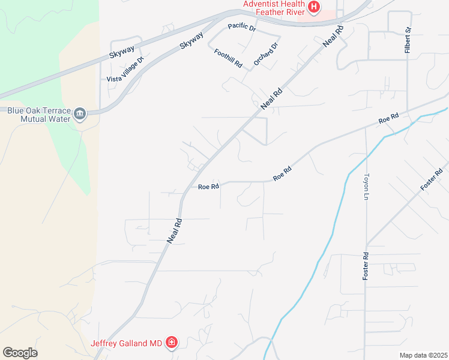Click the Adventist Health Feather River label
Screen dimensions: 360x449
(274, 8)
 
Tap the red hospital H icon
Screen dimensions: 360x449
(313, 7)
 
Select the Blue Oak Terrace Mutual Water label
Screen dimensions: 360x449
(36, 114)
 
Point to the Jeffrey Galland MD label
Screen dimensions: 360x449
(126, 343)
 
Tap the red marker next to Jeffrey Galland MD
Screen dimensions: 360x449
(172, 343)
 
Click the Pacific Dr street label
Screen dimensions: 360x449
(242, 28)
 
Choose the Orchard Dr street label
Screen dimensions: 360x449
(266, 54)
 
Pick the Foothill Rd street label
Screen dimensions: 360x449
(228, 58)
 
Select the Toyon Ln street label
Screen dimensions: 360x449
(366, 187)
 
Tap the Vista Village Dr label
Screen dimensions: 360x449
(125, 70)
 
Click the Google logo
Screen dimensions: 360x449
(20, 353)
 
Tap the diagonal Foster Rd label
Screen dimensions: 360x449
(432, 179)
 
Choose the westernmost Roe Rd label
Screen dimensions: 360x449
(208, 187)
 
